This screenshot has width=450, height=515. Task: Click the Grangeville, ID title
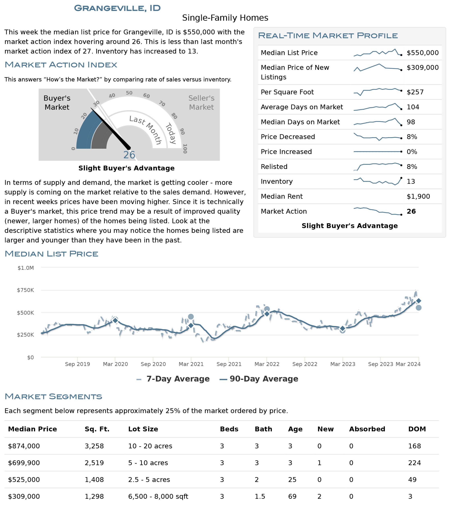(x=117, y=8)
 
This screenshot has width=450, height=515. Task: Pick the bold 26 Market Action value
(x=411, y=211)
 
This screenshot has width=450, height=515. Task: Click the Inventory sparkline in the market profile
(x=378, y=181)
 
